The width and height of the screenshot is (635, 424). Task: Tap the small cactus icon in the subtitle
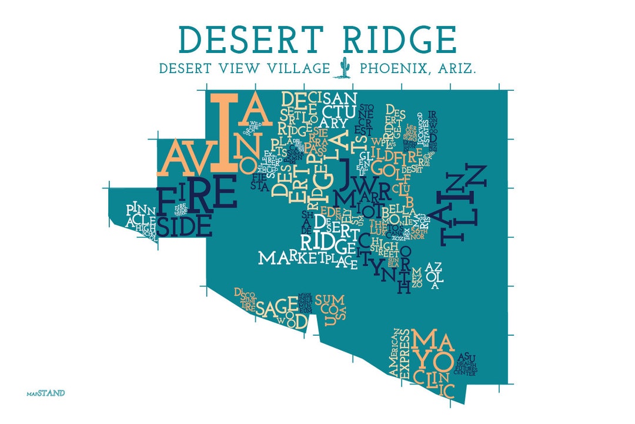click(345, 68)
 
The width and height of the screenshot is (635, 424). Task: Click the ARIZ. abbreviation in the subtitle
click(455, 69)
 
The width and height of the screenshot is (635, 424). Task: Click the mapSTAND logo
click(46, 393)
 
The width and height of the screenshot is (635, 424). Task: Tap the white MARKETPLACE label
click(308, 259)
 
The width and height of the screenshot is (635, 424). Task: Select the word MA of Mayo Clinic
click(432, 340)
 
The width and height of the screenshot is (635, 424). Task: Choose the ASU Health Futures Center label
click(467, 363)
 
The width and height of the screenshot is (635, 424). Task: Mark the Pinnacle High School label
click(139, 218)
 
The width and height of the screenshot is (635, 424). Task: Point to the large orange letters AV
click(182, 158)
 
